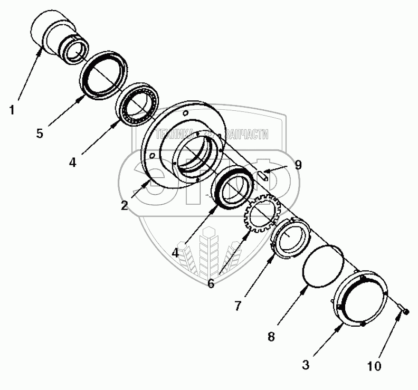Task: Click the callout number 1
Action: coord(12,111)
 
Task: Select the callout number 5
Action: coord(40,133)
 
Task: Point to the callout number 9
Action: coord(298,165)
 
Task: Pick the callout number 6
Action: coord(211,283)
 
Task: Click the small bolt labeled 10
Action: coord(404,312)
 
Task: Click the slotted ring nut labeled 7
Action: coord(290,238)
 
